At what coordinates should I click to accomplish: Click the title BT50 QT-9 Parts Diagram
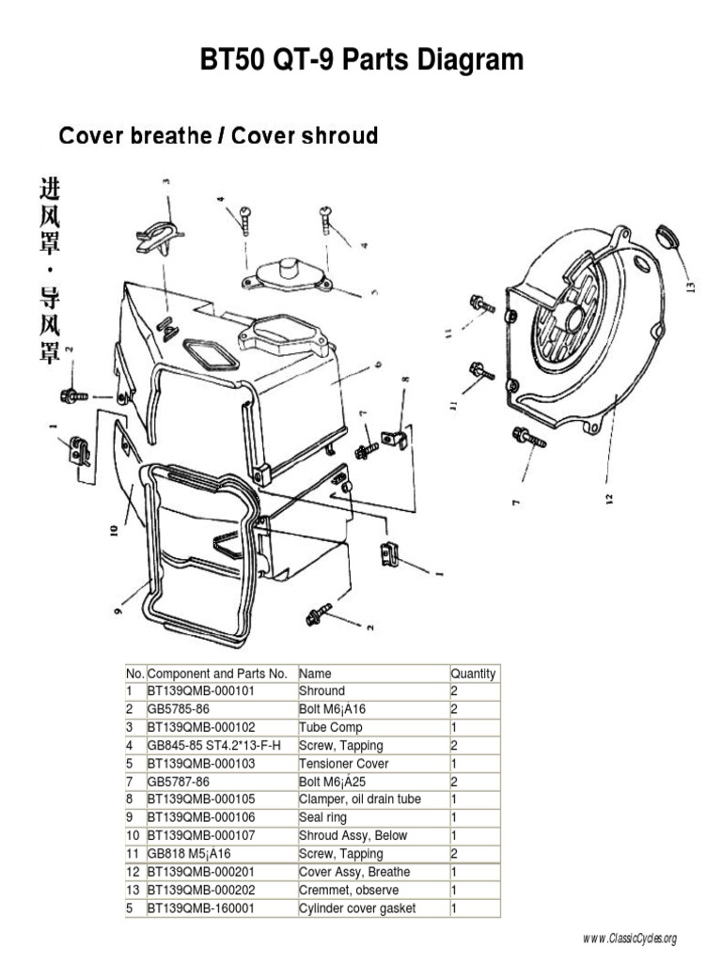click(x=361, y=62)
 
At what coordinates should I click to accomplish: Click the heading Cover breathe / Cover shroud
click(x=218, y=136)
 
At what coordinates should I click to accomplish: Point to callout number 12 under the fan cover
click(x=610, y=498)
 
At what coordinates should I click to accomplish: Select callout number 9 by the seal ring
click(x=119, y=611)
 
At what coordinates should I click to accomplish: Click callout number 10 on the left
click(x=114, y=530)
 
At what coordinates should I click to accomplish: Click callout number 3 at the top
click(x=165, y=182)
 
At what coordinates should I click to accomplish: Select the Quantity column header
click(x=473, y=674)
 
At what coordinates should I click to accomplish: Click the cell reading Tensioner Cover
click(x=343, y=764)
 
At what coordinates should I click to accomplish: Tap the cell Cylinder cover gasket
click(x=356, y=908)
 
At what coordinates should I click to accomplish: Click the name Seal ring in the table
click(x=322, y=817)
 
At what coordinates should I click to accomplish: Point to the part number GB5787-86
click(x=179, y=782)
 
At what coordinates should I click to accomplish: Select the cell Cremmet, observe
click(x=348, y=890)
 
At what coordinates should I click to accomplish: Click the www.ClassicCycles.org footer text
click(x=629, y=939)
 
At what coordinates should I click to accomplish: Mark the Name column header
click(x=315, y=674)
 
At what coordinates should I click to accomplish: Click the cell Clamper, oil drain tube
click(x=359, y=799)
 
